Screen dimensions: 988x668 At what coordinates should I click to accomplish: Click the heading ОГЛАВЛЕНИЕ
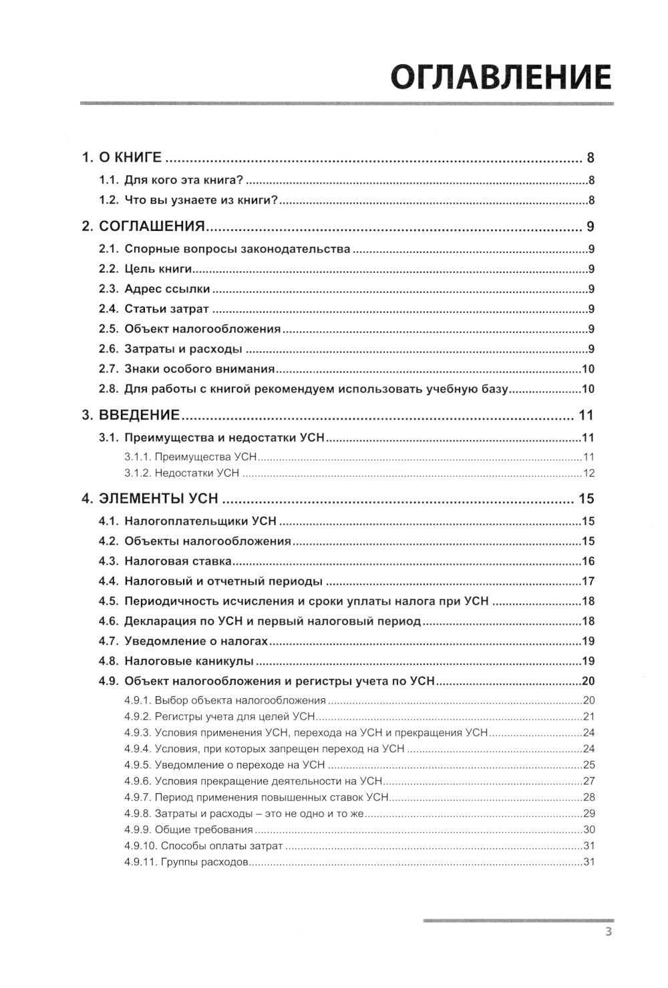[x=500, y=78]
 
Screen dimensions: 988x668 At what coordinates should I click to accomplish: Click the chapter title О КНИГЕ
[x=130, y=158]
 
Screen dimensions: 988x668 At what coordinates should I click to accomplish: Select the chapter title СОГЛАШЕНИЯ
[x=151, y=226]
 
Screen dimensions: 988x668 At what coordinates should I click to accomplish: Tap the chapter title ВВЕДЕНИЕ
[x=140, y=415]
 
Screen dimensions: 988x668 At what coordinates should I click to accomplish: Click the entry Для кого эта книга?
[x=186, y=180]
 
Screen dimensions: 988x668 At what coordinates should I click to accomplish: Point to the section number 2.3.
[x=109, y=289]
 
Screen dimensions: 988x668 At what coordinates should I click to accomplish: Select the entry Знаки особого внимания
[x=200, y=369]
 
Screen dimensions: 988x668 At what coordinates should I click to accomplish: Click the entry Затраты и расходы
[x=183, y=349]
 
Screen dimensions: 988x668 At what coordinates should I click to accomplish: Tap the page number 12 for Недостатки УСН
[x=589, y=473]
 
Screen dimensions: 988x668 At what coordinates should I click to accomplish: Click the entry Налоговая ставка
[x=178, y=561]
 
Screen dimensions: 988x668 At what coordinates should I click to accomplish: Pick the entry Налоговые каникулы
[x=188, y=662]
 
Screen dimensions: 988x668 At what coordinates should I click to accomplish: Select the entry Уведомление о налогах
[x=196, y=642]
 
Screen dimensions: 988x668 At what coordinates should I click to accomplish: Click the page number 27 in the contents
[x=589, y=781]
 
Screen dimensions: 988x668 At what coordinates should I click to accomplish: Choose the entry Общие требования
[x=204, y=830]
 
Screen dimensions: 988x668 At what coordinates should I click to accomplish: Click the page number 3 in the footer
[x=608, y=933]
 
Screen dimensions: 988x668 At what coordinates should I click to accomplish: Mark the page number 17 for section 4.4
[x=589, y=581]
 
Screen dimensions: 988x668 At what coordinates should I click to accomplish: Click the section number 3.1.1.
[x=136, y=458]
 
